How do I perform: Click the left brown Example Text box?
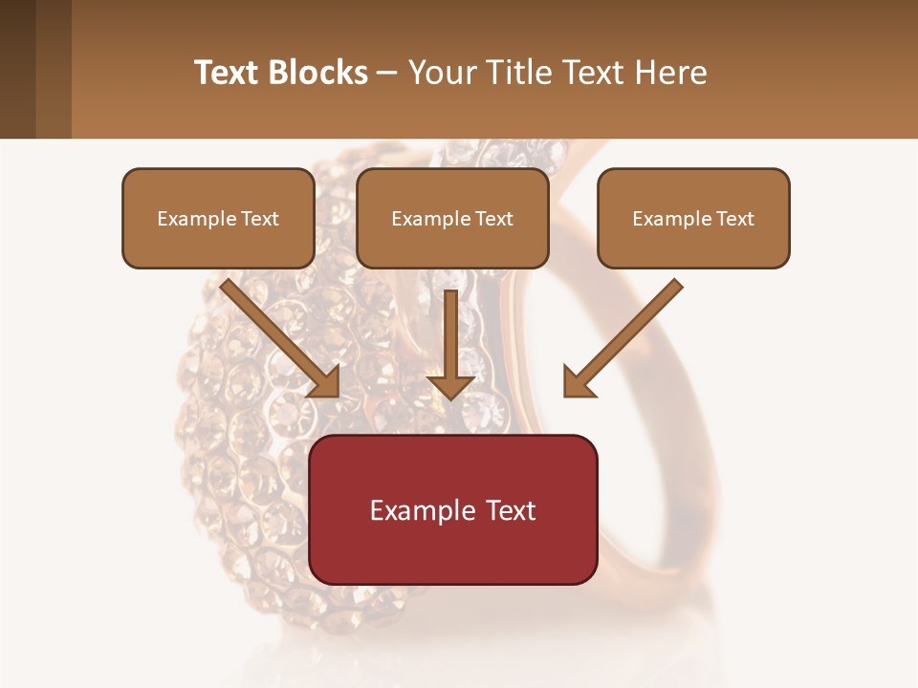tap(218, 218)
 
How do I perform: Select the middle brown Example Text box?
tap(452, 218)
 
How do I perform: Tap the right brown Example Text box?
tap(693, 218)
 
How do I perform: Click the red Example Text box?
tap(453, 509)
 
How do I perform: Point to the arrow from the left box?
tap(277, 334)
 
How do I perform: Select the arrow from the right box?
tap(626, 334)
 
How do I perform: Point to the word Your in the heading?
tap(441, 73)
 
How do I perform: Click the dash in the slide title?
tap(387, 73)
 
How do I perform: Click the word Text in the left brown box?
tap(260, 219)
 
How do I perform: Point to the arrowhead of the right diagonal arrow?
tap(577, 383)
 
